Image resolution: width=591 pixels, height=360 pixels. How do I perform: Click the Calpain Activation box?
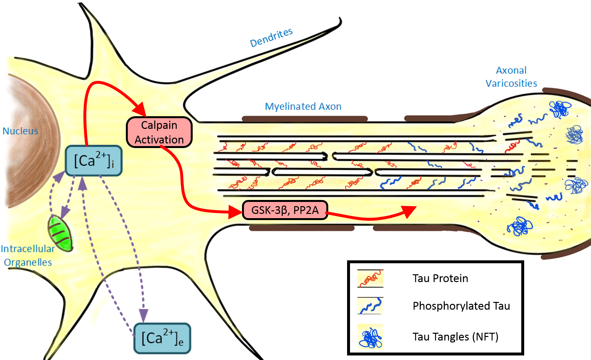[159, 132]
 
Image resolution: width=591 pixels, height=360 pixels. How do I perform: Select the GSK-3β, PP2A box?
[285, 210]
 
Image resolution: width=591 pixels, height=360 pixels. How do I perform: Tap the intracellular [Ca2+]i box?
[93, 161]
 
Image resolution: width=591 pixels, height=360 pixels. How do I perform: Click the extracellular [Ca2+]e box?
[162, 338]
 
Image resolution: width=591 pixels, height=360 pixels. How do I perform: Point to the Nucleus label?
[20, 131]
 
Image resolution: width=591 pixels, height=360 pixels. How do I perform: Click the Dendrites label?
[271, 37]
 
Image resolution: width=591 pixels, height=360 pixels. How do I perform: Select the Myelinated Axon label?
[303, 106]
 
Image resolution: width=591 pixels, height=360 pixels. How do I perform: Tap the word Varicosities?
[511, 83]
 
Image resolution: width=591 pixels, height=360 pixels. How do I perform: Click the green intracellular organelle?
[61, 233]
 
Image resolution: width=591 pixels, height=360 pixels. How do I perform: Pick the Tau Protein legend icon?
[370, 278]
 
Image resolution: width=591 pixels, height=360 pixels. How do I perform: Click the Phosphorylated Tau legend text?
[461, 306]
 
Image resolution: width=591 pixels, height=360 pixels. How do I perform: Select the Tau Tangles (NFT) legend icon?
[370, 337]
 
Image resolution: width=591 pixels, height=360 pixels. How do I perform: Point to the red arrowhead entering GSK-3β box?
[235, 212]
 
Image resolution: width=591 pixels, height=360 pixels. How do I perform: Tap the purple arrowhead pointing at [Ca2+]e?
[143, 315]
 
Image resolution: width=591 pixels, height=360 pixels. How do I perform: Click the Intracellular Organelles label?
[28, 255]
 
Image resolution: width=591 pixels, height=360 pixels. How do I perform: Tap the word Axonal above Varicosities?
[511, 70]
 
